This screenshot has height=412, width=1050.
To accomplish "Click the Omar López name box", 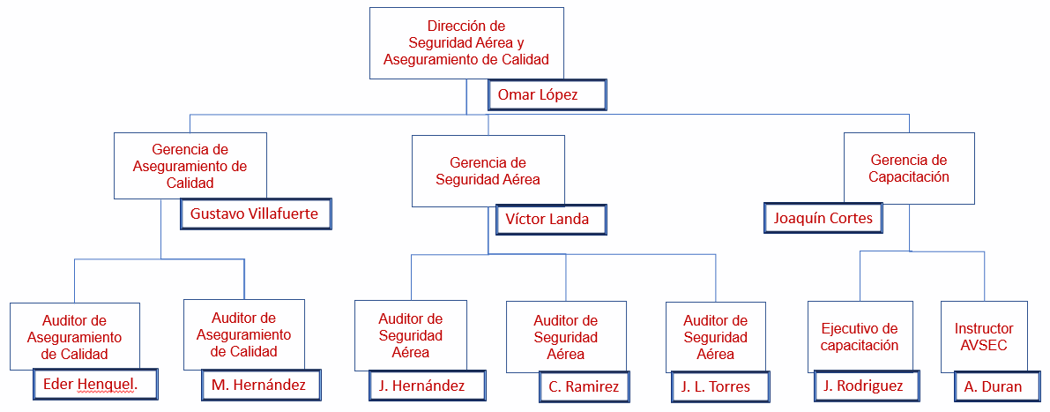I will click(x=547, y=95).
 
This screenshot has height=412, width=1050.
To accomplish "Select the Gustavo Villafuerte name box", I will click(x=255, y=213).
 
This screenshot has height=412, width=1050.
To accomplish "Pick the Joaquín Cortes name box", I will click(x=823, y=218).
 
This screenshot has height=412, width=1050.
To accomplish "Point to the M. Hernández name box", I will click(x=258, y=385).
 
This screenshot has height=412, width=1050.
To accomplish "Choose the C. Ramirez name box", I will click(x=583, y=386).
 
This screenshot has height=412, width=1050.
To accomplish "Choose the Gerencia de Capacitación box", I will click(x=909, y=168).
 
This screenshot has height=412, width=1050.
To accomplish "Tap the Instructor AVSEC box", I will click(x=984, y=335).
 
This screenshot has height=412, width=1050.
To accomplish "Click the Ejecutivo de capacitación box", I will click(x=860, y=335).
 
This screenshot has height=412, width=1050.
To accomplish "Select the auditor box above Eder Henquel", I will click(x=75, y=335).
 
